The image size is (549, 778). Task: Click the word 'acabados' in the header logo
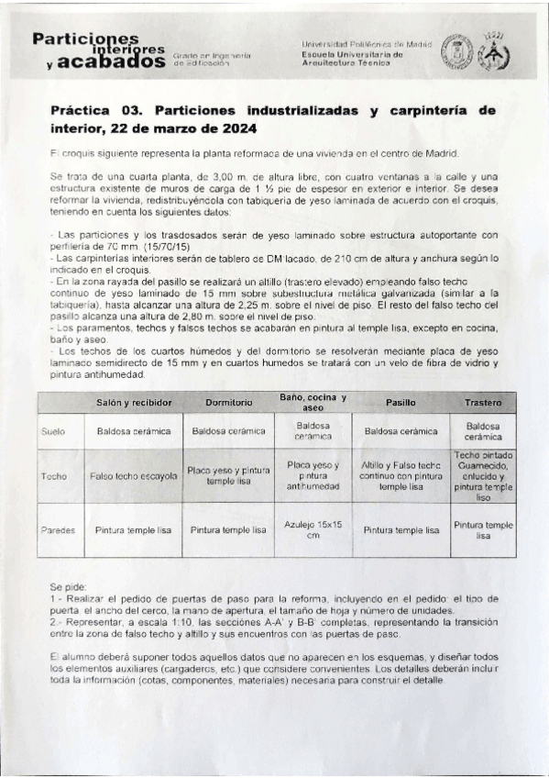pos(113,63)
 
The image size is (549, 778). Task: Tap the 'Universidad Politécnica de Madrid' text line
pos(364,44)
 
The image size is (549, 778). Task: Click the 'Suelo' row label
pos(53,430)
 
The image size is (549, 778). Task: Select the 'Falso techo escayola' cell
pos(134,476)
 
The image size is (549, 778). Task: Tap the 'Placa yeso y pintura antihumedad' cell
pos(313,476)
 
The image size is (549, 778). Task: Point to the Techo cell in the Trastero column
pos(483,476)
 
